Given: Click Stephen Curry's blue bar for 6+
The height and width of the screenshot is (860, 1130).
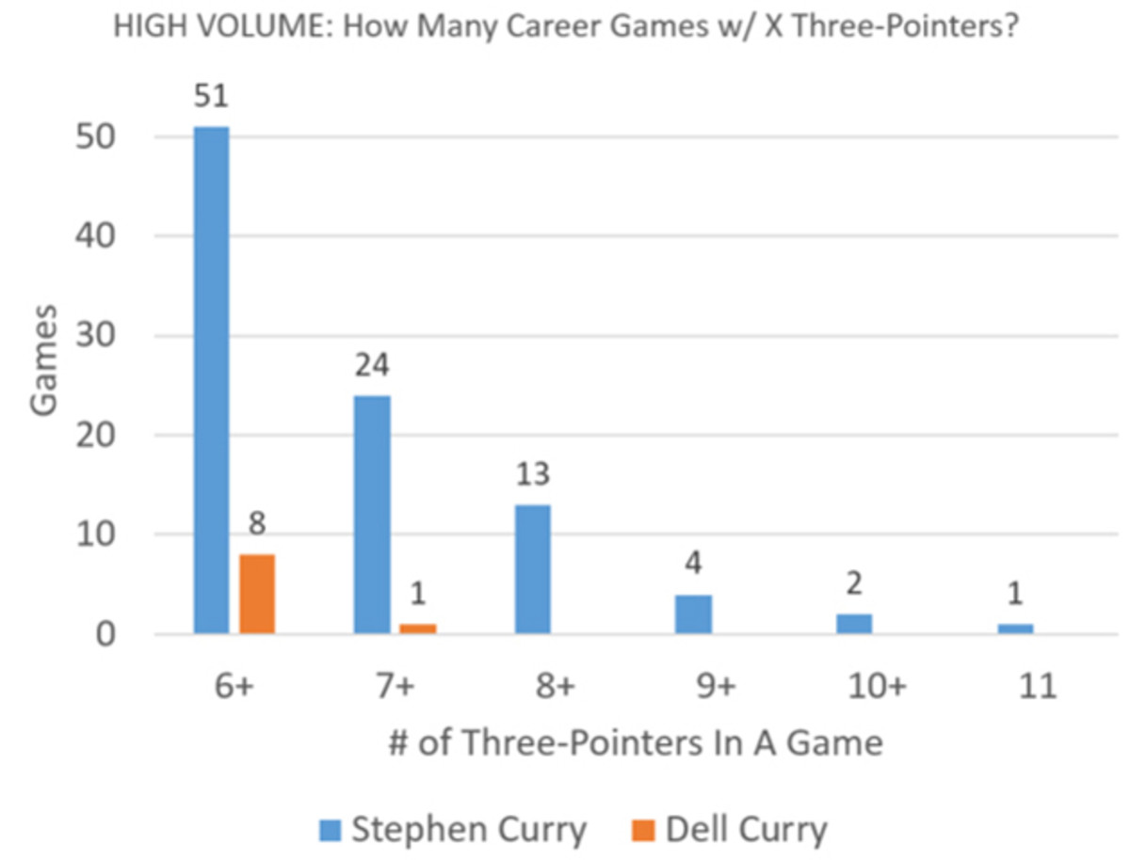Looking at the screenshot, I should point(211,380).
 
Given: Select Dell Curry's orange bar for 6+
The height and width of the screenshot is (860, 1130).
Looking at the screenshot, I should point(257,594).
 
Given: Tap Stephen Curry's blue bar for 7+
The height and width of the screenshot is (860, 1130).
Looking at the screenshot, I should point(372,515).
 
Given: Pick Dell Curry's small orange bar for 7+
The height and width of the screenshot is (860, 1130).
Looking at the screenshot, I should point(418,629).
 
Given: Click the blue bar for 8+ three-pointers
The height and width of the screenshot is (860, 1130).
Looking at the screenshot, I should point(533,569).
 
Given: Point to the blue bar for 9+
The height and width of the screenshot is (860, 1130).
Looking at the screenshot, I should point(694,614).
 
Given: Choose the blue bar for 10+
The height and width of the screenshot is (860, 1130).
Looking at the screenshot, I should point(854,624).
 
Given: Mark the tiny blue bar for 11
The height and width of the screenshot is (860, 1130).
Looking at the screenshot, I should point(1015,629).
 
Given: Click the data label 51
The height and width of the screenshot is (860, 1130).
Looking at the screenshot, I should point(211,98).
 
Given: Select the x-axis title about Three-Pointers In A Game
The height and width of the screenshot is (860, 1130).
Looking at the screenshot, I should point(637,743).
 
